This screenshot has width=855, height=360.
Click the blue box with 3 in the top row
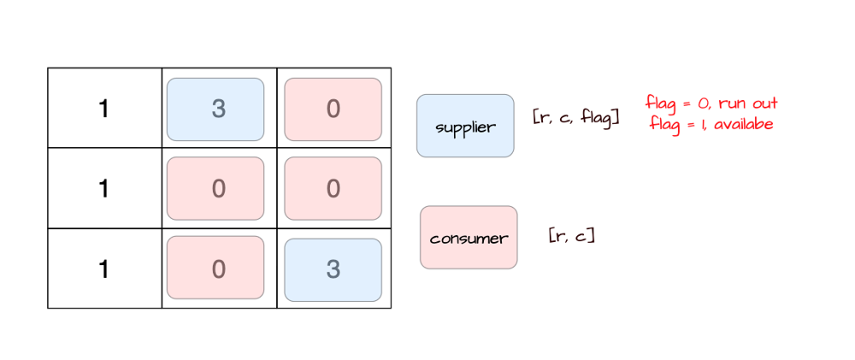click(x=215, y=109)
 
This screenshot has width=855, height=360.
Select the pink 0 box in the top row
click(x=333, y=109)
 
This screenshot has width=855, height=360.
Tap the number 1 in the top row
click(x=104, y=109)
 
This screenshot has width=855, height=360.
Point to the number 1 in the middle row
click(x=104, y=188)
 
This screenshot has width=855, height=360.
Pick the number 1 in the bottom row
click(x=104, y=269)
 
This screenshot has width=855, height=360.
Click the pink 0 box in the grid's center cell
click(x=215, y=188)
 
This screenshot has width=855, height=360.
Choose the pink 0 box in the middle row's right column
click(x=333, y=188)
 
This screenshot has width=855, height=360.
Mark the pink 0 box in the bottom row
click(x=215, y=269)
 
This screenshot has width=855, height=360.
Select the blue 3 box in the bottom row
click(x=333, y=269)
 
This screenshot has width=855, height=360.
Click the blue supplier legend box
click(x=465, y=126)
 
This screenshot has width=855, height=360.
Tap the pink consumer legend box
click(x=469, y=237)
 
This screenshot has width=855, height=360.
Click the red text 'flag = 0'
click(x=674, y=104)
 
